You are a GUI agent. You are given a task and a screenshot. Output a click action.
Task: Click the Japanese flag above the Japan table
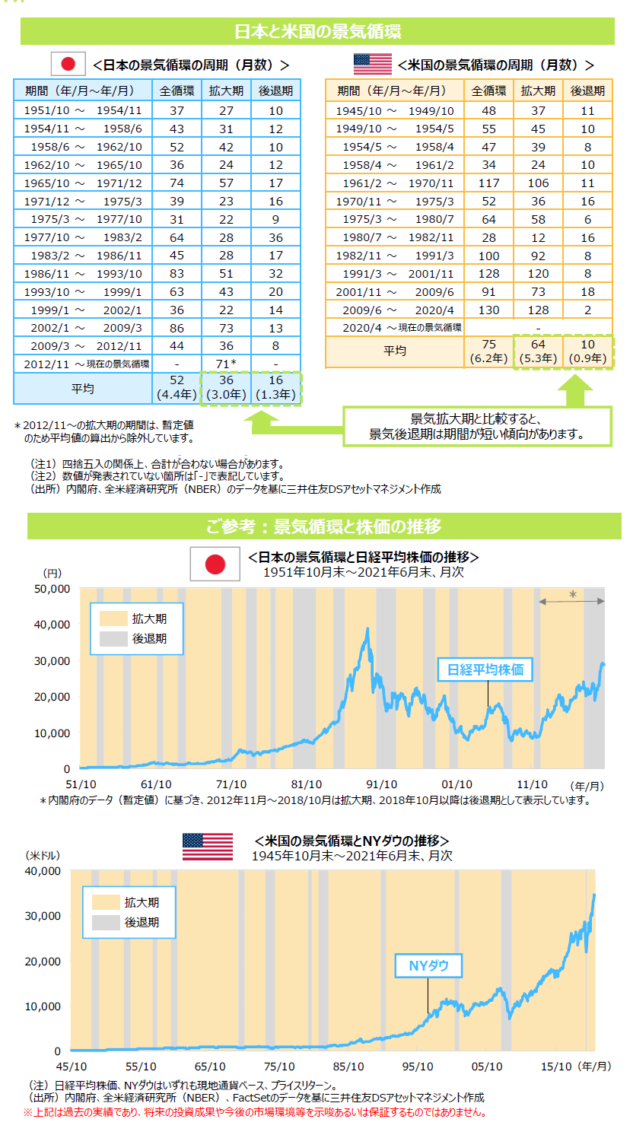pos(68,65)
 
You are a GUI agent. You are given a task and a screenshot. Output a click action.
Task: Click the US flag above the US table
pos(372,65)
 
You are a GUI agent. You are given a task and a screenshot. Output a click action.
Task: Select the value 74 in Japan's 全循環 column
pos(177,183)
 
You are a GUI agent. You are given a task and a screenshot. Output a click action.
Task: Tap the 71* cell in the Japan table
pos(227,364)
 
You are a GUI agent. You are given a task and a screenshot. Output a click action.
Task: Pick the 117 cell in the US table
pos(488,183)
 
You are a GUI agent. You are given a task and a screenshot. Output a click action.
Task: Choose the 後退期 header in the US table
pos(588,91)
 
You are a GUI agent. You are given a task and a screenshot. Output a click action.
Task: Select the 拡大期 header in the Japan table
pos(227,91)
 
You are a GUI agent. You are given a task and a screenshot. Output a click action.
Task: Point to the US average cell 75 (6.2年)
pos(488,351)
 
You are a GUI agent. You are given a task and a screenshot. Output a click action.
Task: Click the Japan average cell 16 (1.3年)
pos(275,388)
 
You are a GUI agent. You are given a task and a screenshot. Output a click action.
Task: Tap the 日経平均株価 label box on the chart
pos(485,669)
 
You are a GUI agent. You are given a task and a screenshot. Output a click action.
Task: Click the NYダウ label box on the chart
pos(428,966)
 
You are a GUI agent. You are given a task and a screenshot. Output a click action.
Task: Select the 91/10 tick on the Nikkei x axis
pos(382,784)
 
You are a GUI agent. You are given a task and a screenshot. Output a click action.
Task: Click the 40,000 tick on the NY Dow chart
pos(44,871)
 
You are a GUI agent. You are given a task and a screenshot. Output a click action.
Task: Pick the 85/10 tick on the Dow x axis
pos(348,1067)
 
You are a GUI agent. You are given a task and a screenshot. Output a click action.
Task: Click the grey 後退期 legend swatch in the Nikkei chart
pos(111,639)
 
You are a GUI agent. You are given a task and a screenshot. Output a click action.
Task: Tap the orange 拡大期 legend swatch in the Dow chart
pos(106,902)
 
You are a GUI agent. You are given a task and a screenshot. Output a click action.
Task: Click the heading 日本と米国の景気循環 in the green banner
pos(316,32)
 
